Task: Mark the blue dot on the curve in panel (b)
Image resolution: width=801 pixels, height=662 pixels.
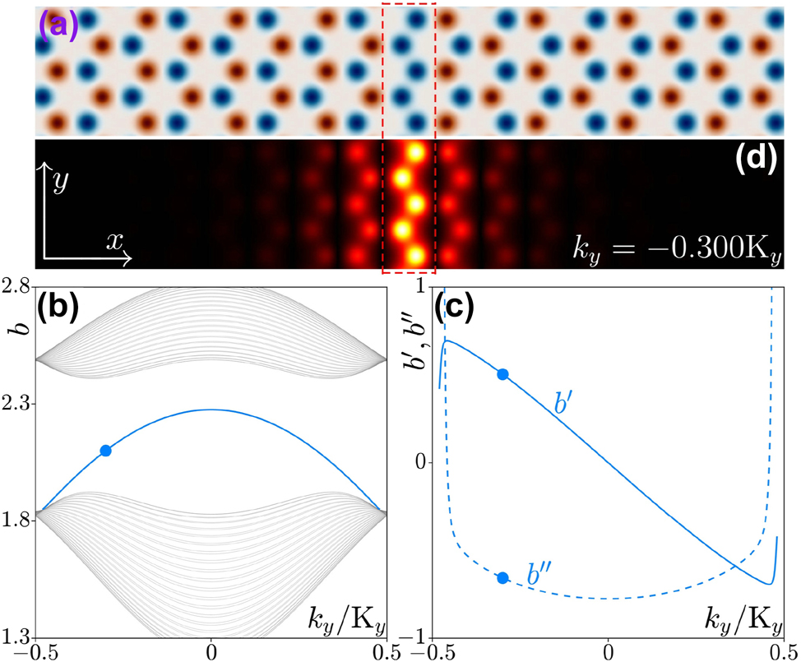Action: (105, 450)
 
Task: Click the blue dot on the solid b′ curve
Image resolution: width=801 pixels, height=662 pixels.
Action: (503, 374)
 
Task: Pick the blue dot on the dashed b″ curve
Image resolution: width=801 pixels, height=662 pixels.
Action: (503, 577)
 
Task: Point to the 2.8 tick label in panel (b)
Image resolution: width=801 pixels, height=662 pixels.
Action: (17, 287)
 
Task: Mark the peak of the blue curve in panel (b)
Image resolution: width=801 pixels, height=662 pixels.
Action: (211, 410)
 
